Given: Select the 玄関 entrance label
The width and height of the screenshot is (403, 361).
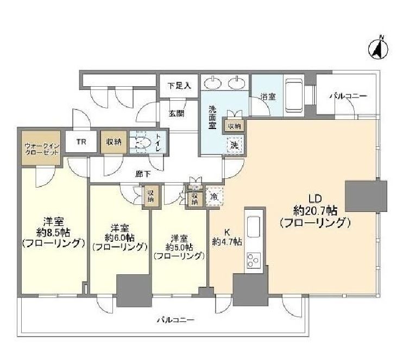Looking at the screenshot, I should coord(175,113).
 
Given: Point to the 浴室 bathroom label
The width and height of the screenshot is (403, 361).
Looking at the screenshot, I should coord(267,97).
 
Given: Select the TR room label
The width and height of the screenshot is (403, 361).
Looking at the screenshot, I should coord(81,142).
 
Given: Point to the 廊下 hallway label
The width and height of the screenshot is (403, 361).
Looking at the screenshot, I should coord(143,174).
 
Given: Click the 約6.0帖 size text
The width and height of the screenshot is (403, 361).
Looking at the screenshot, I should coord(119,237).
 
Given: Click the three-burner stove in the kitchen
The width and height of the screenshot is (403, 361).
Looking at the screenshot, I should coord(254,261).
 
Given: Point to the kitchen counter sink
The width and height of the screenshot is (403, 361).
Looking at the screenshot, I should coord(254,225).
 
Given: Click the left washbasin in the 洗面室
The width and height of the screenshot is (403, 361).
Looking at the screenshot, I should coord(213,84).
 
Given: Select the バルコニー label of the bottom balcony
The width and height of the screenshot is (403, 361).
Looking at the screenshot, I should coord(173,320).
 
